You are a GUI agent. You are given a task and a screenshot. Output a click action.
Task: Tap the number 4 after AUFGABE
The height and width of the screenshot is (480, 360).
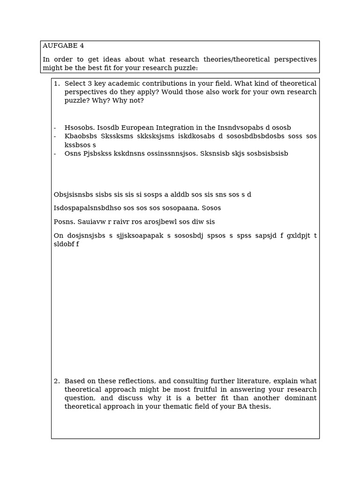(x=82, y=46)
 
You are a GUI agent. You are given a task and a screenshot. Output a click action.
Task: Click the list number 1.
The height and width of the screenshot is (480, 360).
(x=56, y=83)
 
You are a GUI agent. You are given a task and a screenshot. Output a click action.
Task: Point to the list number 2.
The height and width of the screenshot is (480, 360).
(x=56, y=381)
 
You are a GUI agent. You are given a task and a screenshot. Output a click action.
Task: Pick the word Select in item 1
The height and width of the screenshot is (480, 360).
(x=75, y=83)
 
